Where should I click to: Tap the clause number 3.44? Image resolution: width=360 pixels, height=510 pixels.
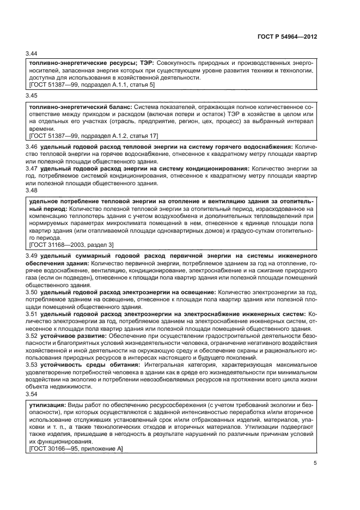click(32, 53)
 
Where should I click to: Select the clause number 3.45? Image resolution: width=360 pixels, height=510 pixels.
click(32, 95)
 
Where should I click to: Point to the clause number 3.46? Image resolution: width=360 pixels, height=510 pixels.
click(32, 147)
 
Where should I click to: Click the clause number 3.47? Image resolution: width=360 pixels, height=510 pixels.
click(32, 169)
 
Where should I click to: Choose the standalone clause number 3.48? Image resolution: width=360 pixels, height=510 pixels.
click(32, 191)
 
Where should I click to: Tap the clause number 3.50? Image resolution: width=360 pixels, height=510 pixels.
click(32, 292)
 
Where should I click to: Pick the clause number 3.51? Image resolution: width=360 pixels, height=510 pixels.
click(32, 314)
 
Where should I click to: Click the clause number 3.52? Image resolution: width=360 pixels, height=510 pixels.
click(32, 336)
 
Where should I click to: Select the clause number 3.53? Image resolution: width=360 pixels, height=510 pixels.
click(32, 365)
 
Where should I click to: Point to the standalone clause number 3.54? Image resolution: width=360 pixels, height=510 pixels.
click(32, 393)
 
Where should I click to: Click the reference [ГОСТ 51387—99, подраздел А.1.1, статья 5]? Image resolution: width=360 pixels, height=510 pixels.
click(93, 85)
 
